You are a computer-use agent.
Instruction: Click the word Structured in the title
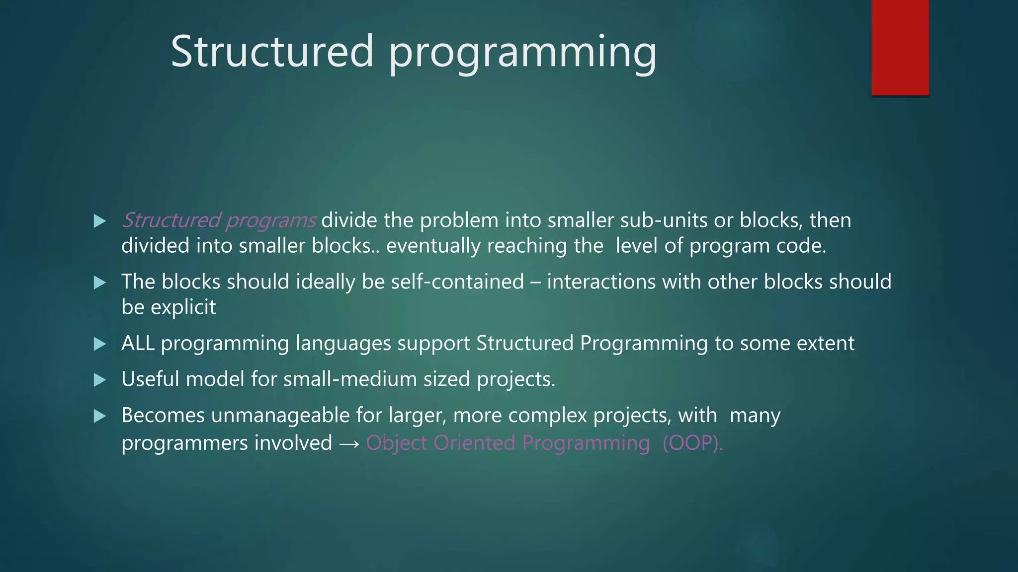click(x=271, y=51)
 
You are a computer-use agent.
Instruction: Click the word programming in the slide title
click(x=522, y=53)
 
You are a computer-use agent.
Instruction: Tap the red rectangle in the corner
click(x=900, y=48)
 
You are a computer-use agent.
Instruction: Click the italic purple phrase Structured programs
click(x=219, y=220)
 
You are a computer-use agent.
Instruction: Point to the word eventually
click(x=433, y=246)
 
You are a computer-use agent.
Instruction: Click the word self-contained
click(x=457, y=282)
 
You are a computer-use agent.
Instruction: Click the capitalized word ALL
click(x=138, y=343)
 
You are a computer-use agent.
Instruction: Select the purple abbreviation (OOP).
click(x=692, y=443)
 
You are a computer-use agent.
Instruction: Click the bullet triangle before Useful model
click(x=100, y=380)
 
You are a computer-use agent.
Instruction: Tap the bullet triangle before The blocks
click(x=100, y=283)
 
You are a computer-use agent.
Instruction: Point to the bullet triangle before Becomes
click(x=100, y=416)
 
